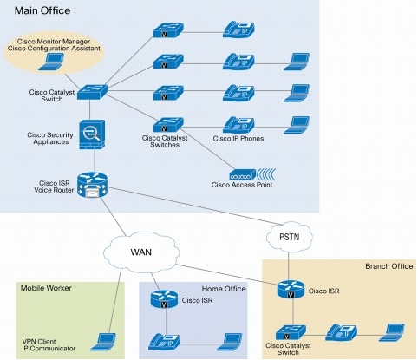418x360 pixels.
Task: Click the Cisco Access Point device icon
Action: click(247, 173)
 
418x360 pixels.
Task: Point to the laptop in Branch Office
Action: click(395, 331)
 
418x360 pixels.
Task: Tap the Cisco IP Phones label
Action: click(239, 139)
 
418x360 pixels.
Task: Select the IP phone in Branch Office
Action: click(342, 331)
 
